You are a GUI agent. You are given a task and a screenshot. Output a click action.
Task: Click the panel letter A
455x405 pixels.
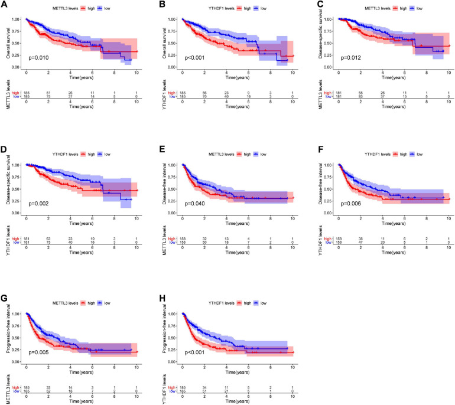tap(4, 5)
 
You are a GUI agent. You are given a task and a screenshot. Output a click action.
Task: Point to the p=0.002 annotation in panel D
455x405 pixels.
tap(38, 203)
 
